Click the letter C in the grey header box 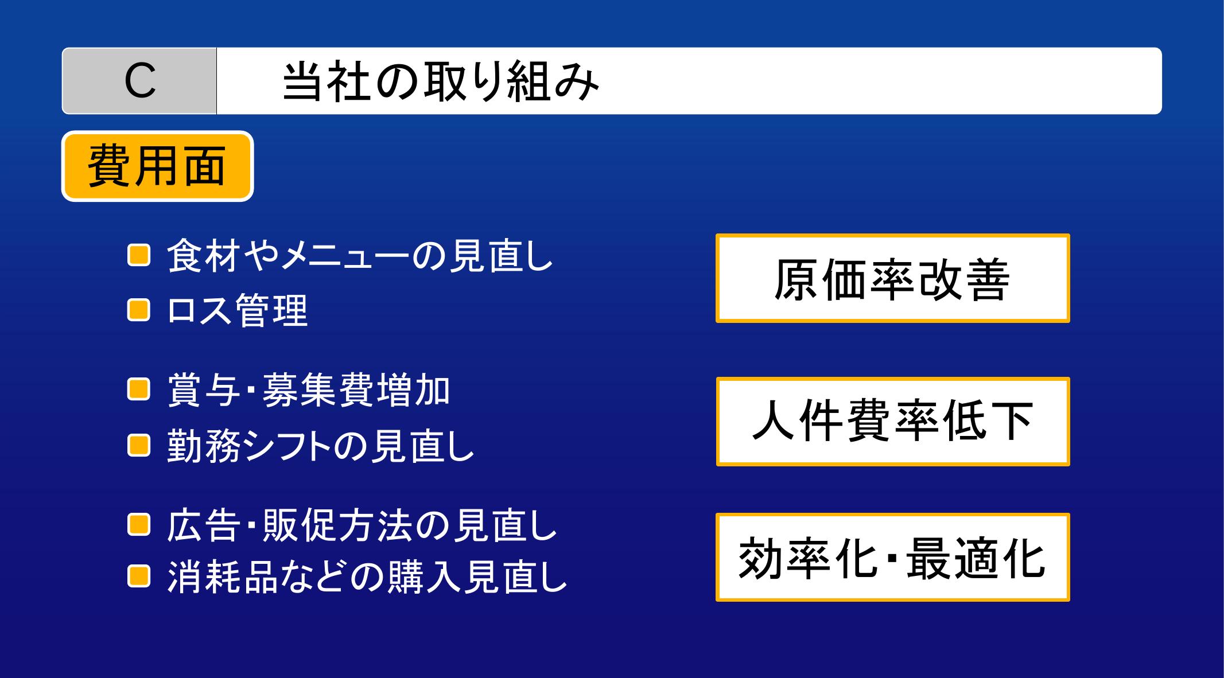click(x=140, y=81)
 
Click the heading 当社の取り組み click(x=441, y=81)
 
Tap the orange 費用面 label click(x=157, y=166)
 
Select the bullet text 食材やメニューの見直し click(x=360, y=255)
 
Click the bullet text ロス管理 click(x=238, y=310)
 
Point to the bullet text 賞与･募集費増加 click(x=309, y=391)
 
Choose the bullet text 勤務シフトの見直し click(x=321, y=446)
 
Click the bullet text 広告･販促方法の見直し click(x=362, y=525)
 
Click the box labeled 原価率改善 click(x=893, y=278)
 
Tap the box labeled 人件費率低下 click(x=893, y=422)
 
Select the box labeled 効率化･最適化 click(x=893, y=558)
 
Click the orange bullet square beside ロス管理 click(x=138, y=310)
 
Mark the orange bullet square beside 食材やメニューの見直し click(x=138, y=255)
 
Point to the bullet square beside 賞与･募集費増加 click(x=138, y=390)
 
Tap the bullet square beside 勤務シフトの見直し click(x=138, y=445)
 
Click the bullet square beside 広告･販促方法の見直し click(x=138, y=525)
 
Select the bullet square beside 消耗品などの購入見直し click(x=138, y=576)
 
